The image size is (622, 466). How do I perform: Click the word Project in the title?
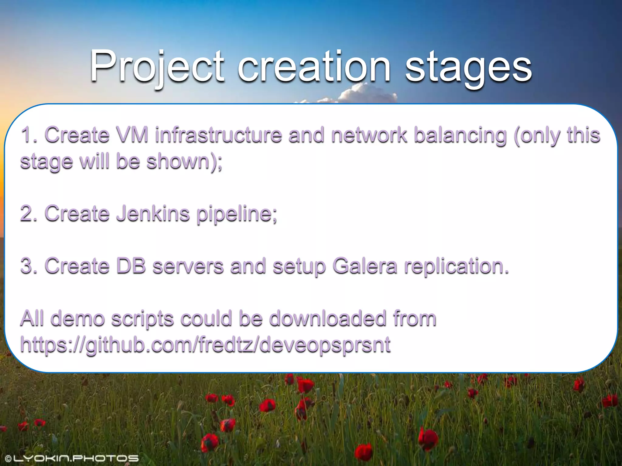[157, 67]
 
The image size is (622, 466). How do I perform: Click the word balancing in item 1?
[460, 135]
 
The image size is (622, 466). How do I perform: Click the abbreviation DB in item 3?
[131, 266]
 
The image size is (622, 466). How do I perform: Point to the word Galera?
[365, 266]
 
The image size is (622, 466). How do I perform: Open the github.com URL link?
[205, 345]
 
